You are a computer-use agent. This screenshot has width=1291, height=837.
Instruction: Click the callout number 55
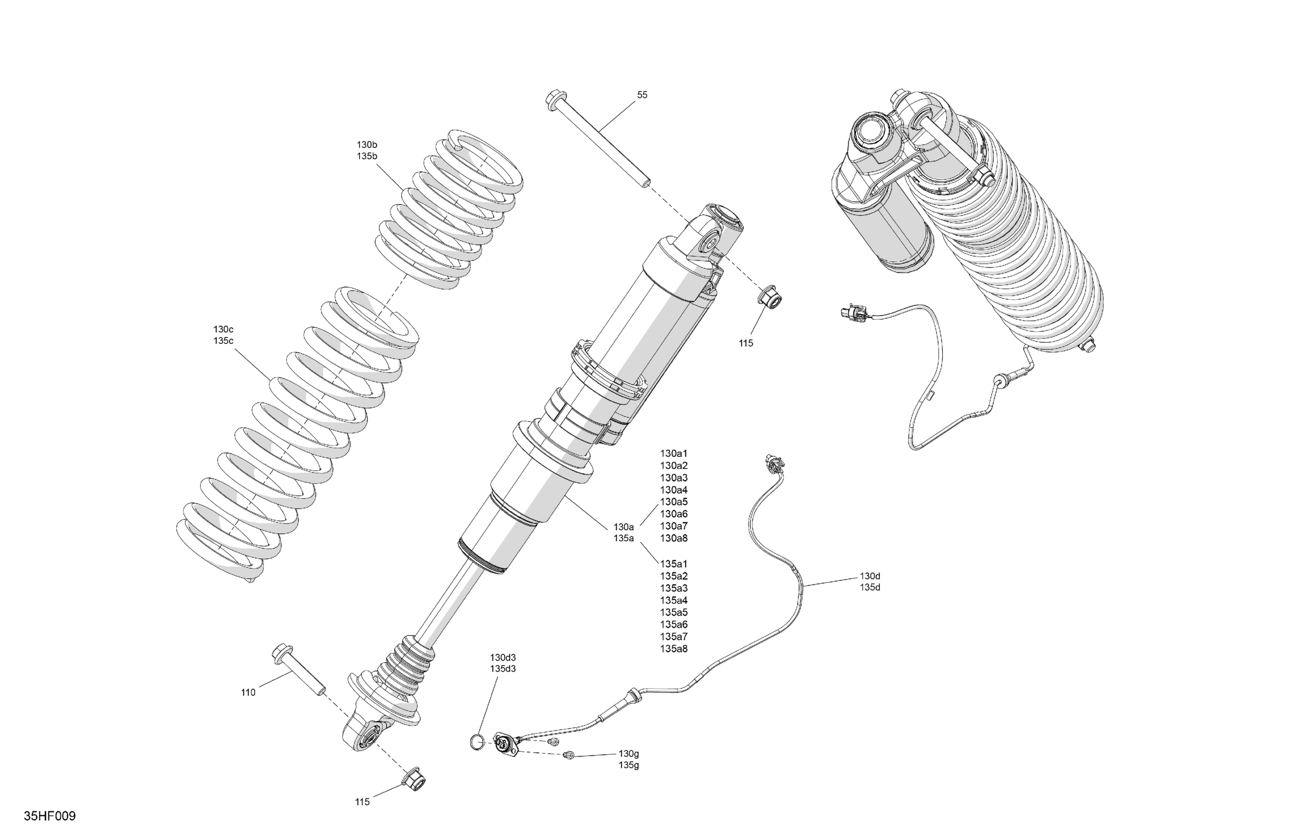(642, 95)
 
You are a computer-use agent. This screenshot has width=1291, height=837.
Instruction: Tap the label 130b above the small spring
(367, 145)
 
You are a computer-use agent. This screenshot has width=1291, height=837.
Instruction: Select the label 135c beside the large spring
(223, 341)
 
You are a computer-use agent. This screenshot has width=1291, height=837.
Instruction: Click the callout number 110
(248, 692)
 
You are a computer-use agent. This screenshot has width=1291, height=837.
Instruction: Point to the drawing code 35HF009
(49, 816)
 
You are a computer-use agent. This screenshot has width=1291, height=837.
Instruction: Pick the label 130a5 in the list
(674, 502)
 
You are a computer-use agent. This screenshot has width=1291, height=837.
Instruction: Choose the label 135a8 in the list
(674, 649)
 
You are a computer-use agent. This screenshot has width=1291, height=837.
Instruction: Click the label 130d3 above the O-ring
(503, 657)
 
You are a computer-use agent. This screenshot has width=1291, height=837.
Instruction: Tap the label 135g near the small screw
(629, 765)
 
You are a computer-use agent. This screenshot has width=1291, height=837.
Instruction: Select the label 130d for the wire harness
(870, 576)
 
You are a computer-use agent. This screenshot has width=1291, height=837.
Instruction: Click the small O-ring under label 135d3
(476, 741)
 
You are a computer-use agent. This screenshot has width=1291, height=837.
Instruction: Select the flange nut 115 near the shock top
(772, 298)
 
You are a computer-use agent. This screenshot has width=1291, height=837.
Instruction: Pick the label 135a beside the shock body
(623, 538)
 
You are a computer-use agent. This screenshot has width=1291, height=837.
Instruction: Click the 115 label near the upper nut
(746, 343)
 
